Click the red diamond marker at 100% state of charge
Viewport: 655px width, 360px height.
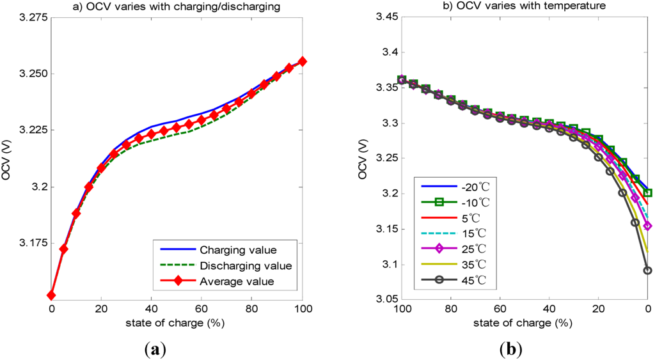tap(303, 61)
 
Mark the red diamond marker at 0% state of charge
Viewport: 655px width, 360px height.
tap(51, 295)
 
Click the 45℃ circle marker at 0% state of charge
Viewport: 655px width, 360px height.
tap(647, 270)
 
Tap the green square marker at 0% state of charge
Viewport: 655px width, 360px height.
tap(647, 192)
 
